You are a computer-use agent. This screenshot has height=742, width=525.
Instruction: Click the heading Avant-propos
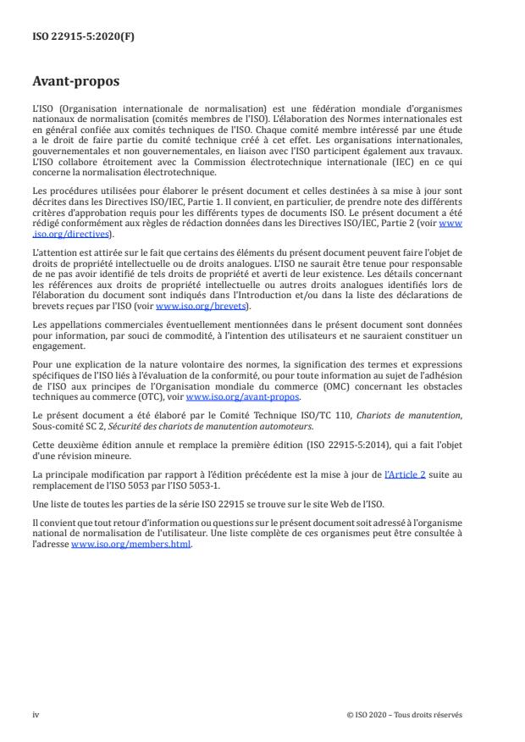tap(75, 82)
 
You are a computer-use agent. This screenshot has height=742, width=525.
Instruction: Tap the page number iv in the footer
tap(36, 714)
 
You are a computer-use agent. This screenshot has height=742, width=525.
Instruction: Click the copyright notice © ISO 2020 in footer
tap(405, 714)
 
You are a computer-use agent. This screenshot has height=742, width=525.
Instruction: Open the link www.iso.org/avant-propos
tap(242, 396)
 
